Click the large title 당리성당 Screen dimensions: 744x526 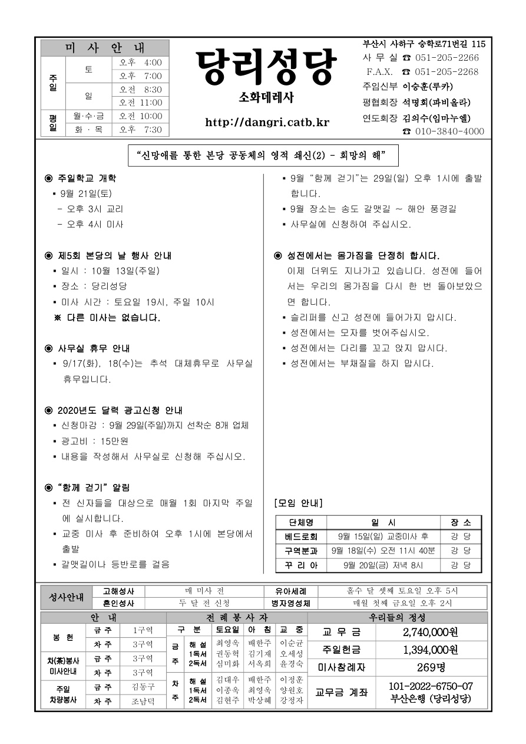click(266, 67)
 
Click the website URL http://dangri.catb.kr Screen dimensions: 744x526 click(267, 123)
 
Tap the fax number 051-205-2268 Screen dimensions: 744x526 click(447, 72)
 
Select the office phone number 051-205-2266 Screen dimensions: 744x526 click(447, 58)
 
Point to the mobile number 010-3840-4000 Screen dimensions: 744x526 click(450, 131)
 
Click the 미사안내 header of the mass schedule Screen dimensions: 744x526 click(105, 48)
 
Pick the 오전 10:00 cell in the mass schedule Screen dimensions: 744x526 click(140, 116)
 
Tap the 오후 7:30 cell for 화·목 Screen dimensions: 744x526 click(140, 129)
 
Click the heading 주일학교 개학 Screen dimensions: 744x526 click(87, 177)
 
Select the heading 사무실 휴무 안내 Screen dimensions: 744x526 click(94, 348)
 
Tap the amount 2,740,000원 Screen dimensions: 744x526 click(431, 633)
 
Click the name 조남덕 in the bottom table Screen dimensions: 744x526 click(143, 702)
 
